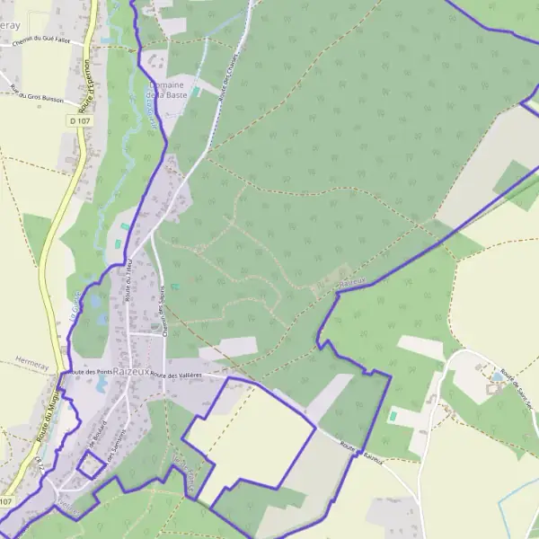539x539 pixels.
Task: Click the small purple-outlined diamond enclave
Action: tap(89, 464)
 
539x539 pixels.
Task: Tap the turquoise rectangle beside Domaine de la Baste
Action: tap(196, 92)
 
